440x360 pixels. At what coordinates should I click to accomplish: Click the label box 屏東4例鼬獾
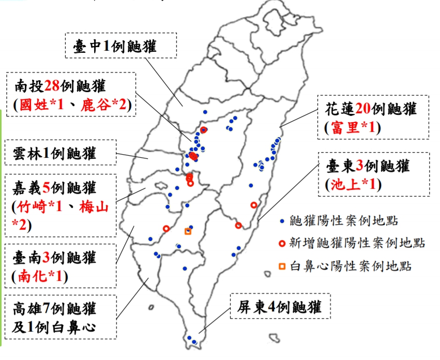click(x=280, y=308)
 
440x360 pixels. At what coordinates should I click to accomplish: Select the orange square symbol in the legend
click(x=282, y=266)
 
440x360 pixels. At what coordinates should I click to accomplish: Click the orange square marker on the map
click(x=188, y=231)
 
